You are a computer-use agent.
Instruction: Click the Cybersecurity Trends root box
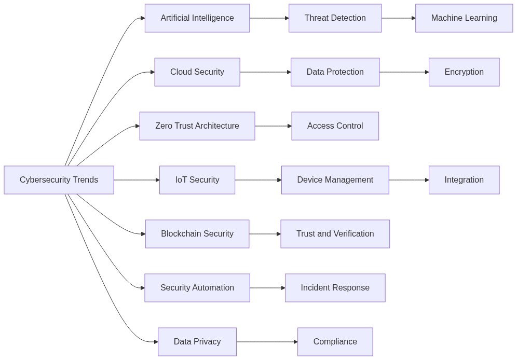tap(59, 180)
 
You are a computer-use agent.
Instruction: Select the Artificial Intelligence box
tap(197, 18)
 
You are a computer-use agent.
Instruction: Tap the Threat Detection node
tap(335, 18)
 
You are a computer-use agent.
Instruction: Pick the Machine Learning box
tap(464, 18)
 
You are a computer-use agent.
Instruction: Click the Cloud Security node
tap(197, 72)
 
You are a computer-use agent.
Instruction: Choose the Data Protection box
tap(335, 72)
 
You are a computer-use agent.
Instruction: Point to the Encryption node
tap(464, 72)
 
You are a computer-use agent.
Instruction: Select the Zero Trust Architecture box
tap(197, 126)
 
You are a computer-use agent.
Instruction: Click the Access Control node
tap(335, 126)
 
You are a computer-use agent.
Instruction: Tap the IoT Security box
tap(197, 180)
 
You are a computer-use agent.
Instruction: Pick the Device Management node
tap(335, 180)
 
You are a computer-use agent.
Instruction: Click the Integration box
tap(464, 180)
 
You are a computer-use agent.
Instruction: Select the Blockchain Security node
tap(197, 234)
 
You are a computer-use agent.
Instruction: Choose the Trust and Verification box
tap(335, 234)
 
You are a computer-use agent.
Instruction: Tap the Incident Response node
tap(335, 288)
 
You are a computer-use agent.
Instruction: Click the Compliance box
tap(335, 342)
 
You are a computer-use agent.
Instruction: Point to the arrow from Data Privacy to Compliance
tap(267, 342)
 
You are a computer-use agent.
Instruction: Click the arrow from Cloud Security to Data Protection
tap(265, 72)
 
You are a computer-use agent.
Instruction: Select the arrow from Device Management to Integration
tap(409, 180)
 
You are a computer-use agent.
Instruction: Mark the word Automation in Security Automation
tap(214, 288)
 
